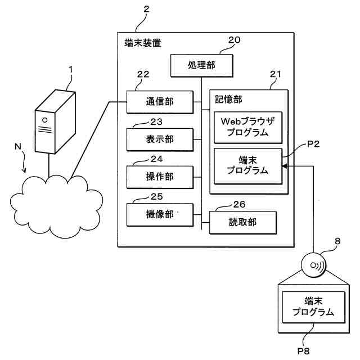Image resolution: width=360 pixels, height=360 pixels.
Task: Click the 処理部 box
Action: coord(201,66)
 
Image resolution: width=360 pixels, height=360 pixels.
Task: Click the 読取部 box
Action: coord(244,222)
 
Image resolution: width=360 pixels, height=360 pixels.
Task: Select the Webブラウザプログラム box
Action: coord(248,127)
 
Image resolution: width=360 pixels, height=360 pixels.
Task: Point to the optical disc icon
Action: coord(316,265)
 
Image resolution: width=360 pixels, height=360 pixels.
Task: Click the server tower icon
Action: coord(55,121)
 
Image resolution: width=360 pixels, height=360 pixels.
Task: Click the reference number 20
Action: coord(234,40)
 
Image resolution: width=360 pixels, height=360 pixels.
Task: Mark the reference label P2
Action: coord(314,145)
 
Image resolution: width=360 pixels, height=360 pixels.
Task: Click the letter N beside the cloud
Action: coord(19,148)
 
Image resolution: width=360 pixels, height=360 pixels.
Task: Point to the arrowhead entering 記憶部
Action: coord(284,166)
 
